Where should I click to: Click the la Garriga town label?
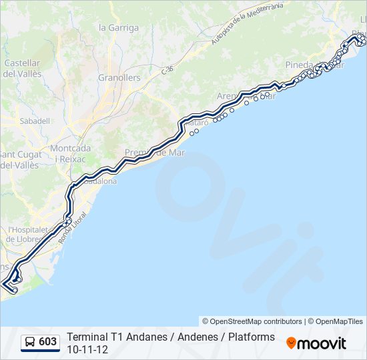coord(119,28)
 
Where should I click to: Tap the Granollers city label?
coord(119,77)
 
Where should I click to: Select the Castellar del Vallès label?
coord(23,68)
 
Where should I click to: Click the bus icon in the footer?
coord(30,342)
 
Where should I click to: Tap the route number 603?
coord(48,342)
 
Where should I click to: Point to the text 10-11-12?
coord(83,349)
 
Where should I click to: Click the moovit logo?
coord(316,343)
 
